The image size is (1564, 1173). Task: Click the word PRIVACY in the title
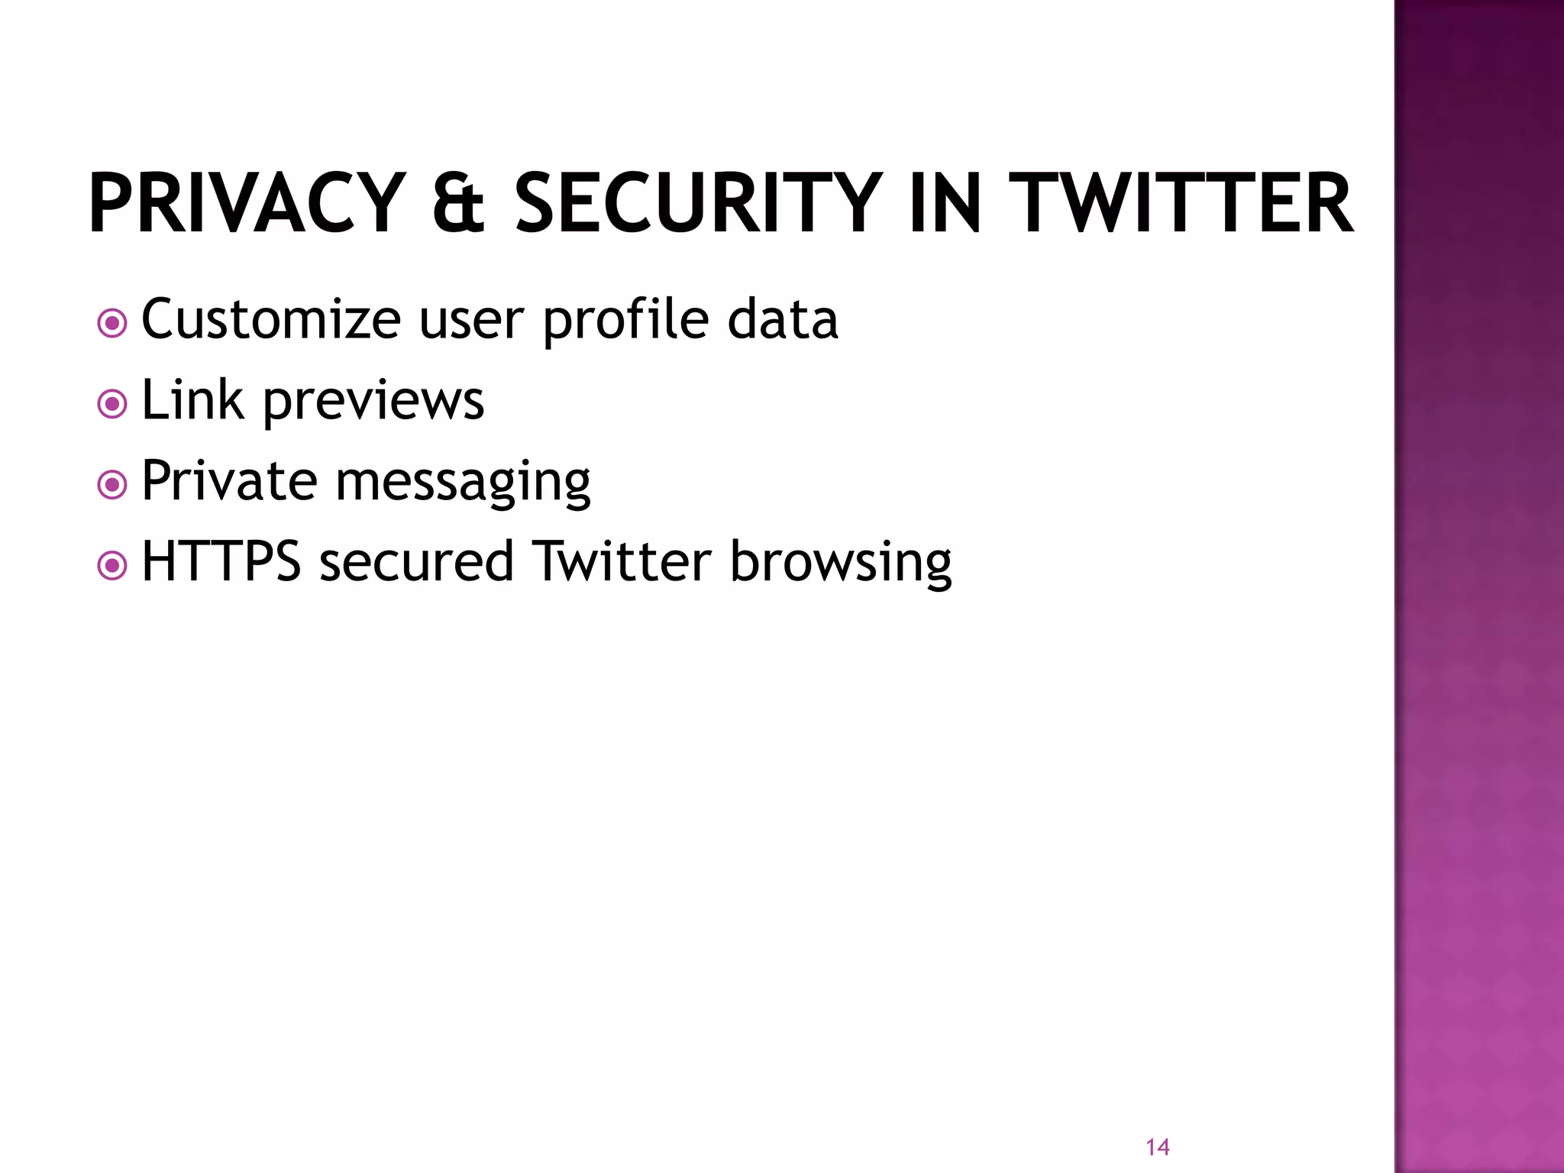246,203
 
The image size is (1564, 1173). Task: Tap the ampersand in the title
458,203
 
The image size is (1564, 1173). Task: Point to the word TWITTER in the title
1180,203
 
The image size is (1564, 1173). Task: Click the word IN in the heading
945,203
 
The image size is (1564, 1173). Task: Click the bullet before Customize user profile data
112,323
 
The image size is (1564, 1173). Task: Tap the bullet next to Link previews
112,404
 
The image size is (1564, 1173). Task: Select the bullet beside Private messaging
112,484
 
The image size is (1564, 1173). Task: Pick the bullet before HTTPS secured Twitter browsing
112,566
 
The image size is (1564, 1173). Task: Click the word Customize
271,319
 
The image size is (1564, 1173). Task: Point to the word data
783,319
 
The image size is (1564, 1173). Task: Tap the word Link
193,399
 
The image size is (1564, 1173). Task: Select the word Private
229,480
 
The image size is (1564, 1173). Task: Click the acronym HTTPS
221,561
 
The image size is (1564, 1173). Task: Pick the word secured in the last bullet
416,562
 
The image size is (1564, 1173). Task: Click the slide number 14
1158,1146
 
